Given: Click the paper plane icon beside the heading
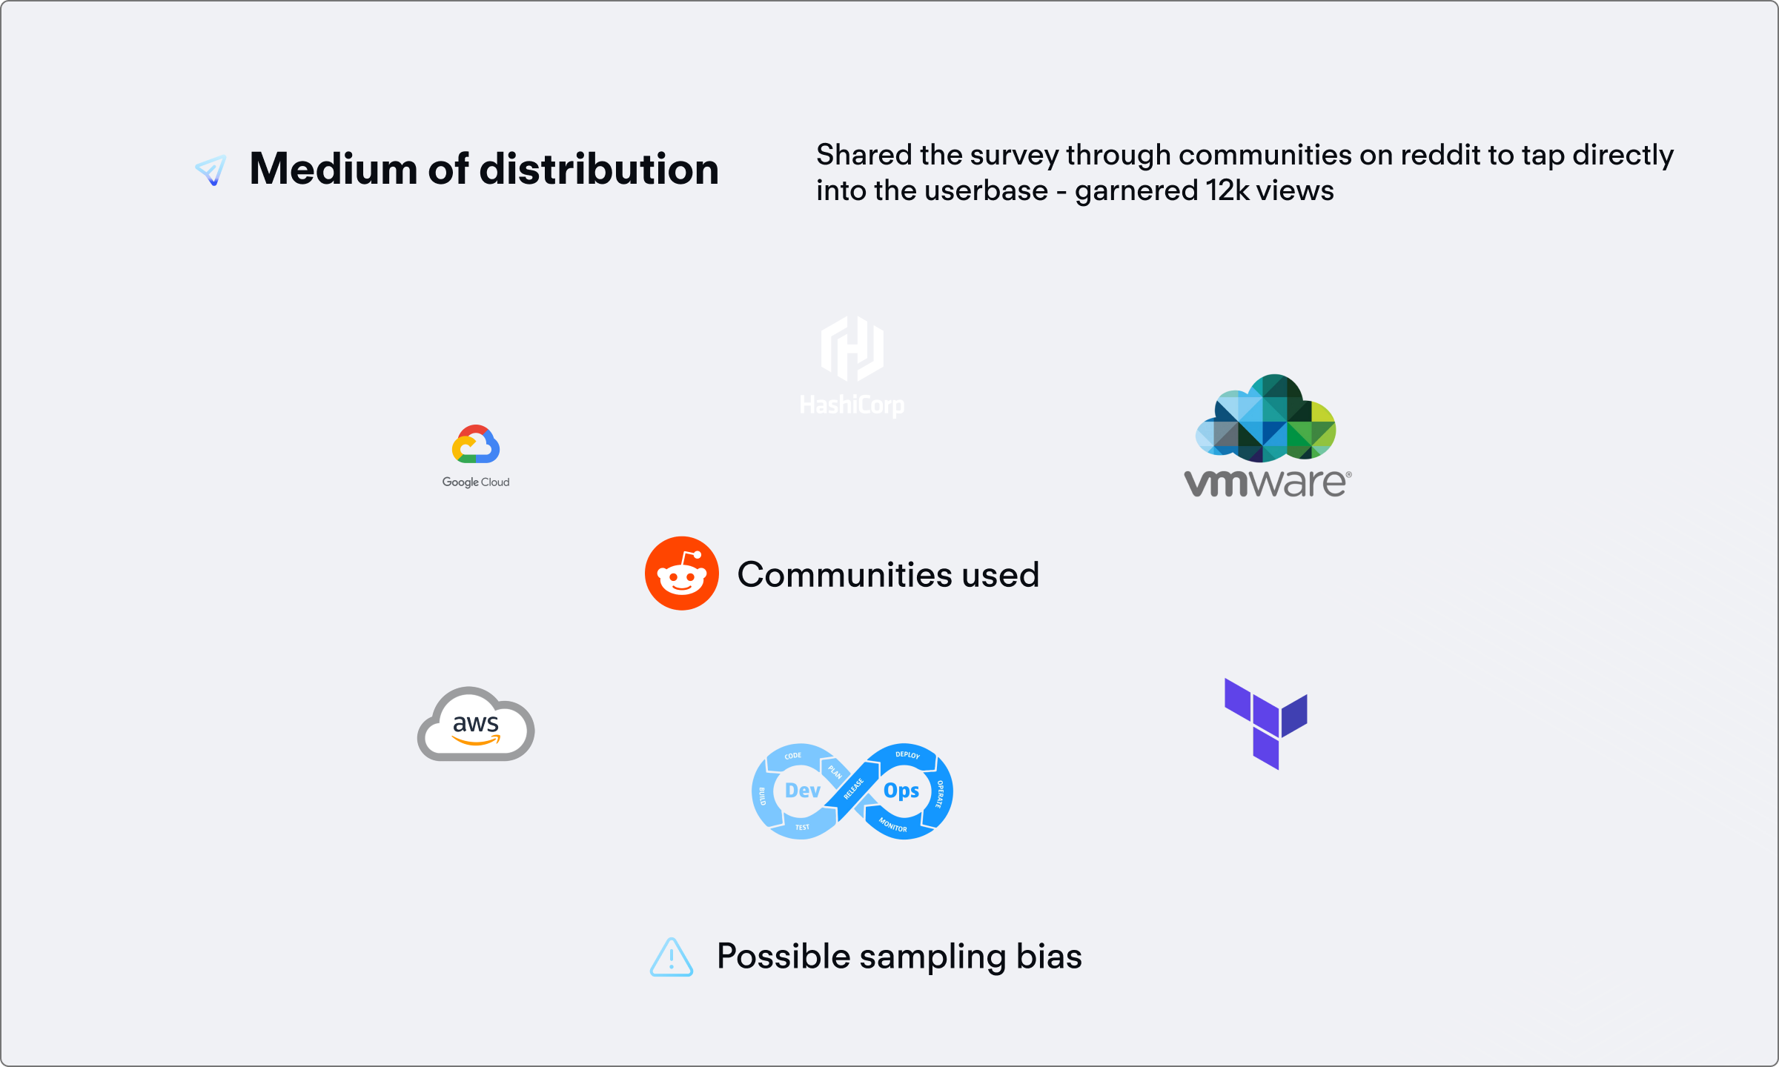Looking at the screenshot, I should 211,170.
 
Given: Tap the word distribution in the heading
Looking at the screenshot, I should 599,169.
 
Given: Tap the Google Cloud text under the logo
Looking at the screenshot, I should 476,482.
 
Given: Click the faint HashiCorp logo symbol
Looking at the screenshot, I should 852,348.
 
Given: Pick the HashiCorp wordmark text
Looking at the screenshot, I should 852,405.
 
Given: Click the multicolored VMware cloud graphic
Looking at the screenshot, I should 1266,419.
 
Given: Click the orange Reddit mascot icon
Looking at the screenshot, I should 681,574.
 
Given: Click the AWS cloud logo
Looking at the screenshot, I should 476,725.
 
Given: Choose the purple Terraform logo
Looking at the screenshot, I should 1265,723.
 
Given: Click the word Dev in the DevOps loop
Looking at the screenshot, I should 802,791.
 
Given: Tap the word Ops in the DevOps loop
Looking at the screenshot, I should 901,791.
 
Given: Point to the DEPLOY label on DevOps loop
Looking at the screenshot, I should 907,755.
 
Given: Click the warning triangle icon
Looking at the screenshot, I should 672,957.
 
